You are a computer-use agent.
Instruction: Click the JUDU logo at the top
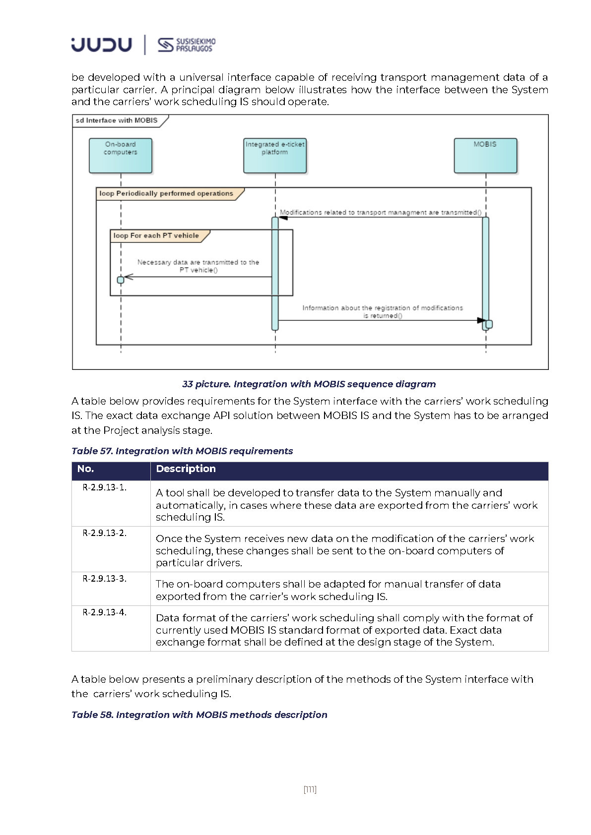(101, 45)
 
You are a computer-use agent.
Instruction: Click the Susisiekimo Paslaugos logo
(187, 45)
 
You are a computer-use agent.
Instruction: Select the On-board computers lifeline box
(121, 155)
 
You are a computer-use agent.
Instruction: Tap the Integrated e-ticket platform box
(275, 155)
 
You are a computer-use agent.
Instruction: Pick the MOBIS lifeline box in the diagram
(485, 155)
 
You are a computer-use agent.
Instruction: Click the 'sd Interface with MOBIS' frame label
(117, 120)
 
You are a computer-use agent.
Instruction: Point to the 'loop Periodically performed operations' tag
(166, 193)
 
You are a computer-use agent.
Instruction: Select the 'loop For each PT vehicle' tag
(156, 236)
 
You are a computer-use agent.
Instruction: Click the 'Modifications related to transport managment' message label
(381, 212)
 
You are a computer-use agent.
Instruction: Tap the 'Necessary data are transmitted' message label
(198, 266)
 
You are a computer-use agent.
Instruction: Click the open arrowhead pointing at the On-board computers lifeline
(129, 277)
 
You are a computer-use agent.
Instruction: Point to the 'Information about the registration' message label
(383, 311)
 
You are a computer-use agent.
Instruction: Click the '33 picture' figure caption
(309, 384)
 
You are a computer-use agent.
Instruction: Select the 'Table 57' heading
(182, 451)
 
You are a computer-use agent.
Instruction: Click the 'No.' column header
(85, 469)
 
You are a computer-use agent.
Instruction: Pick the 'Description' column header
(186, 469)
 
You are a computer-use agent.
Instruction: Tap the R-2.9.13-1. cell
(104, 487)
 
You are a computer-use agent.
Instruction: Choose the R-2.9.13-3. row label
(104, 579)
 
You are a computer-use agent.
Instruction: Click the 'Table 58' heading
(199, 715)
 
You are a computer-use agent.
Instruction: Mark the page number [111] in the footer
(310, 789)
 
